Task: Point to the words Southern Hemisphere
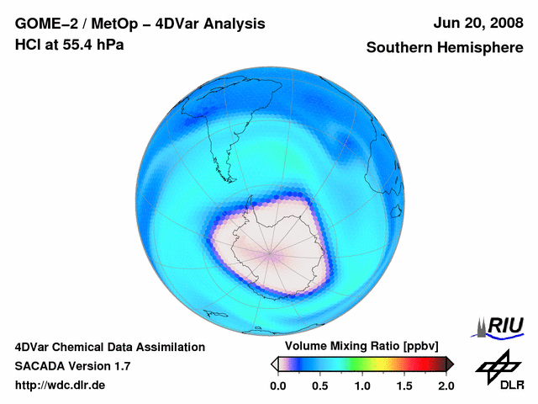444,48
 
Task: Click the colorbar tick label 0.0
277,385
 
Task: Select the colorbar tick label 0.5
319,385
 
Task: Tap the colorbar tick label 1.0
362,385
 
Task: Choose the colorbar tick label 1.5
404,385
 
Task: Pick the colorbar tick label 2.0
446,385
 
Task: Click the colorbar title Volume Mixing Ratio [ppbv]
359,347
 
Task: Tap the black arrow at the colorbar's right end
450,364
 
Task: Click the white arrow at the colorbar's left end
274,364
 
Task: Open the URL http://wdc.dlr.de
61,385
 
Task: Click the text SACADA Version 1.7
72,366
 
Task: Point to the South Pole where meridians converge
270,252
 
